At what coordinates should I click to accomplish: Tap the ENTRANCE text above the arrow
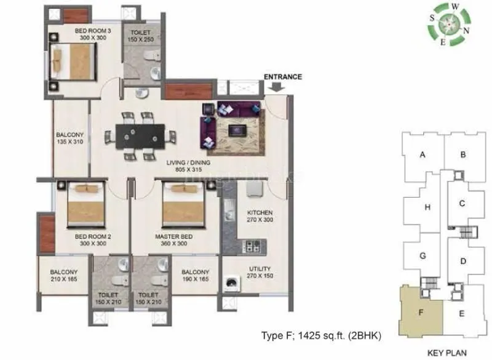[x=283, y=77]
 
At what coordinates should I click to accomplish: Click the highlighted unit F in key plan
[x=421, y=311]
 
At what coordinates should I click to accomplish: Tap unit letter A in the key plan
[x=423, y=155]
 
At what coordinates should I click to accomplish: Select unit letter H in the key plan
[x=427, y=207]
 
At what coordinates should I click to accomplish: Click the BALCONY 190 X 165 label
[x=195, y=276]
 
